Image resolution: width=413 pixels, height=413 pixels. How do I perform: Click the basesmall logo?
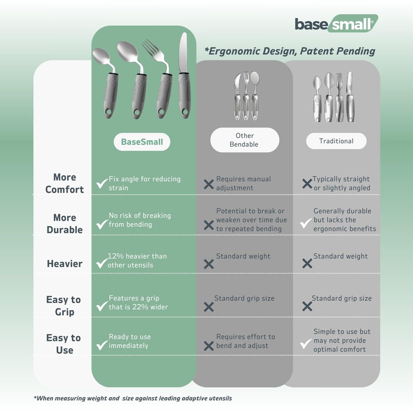pyautogui.click(x=337, y=24)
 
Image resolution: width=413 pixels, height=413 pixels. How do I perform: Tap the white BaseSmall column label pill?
pyautogui.click(x=142, y=141)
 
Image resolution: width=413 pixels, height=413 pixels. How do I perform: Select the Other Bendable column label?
pyautogui.click(x=245, y=140)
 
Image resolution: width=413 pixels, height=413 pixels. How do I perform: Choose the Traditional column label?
pyautogui.click(x=336, y=141)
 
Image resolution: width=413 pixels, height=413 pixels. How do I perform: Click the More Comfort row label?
pyautogui.click(x=65, y=183)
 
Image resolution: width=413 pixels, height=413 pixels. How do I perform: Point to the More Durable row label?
pyautogui.click(x=65, y=224)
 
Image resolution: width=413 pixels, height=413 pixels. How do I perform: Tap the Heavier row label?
pyautogui.click(x=65, y=264)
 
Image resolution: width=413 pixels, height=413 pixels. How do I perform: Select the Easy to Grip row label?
pyautogui.click(x=63, y=306)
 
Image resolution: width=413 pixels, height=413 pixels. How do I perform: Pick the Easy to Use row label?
pyautogui.click(x=63, y=344)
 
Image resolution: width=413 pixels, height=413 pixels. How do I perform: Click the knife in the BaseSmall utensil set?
pyautogui.click(x=184, y=76)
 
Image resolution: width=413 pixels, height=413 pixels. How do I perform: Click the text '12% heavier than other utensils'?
pyautogui.click(x=137, y=261)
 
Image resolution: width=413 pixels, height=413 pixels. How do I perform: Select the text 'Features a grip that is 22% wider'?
pyautogui.click(x=138, y=303)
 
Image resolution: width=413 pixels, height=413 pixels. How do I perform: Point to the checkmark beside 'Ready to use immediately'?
pyautogui.click(x=102, y=345)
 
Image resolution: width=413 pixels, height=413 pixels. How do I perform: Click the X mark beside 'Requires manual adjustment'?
pyautogui.click(x=209, y=184)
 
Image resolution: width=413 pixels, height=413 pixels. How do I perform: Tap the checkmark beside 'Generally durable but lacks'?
pyautogui.click(x=306, y=224)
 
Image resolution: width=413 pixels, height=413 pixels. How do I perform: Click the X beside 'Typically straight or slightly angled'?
pyautogui.click(x=307, y=184)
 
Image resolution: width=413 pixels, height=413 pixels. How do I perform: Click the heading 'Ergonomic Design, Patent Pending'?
pyautogui.click(x=290, y=51)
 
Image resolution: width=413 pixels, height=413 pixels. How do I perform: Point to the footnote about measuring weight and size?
pyautogui.click(x=133, y=398)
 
